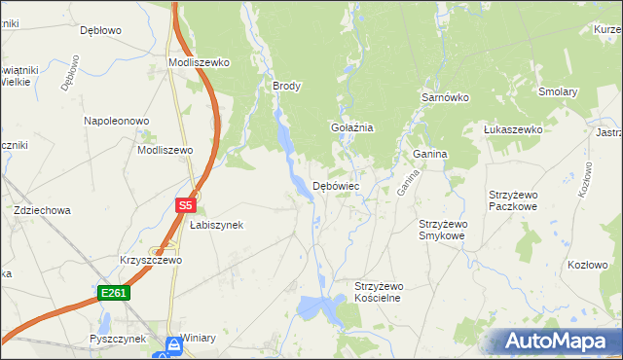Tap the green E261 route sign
[113, 292]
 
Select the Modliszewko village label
[199, 62]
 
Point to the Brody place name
[287, 86]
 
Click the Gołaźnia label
[352, 128]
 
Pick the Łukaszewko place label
[513, 129]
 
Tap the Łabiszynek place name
[216, 225]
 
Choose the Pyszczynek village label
[116, 339]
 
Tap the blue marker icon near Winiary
[172, 344]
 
